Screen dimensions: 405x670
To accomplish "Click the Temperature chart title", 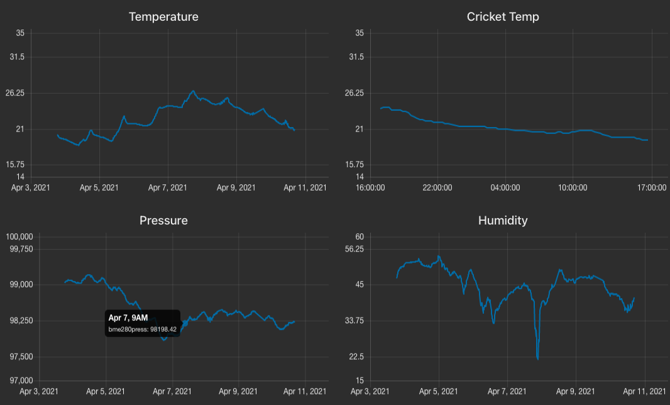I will [x=163, y=17].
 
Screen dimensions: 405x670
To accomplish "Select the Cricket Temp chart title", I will [x=503, y=17].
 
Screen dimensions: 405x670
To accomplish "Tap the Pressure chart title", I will [x=163, y=221].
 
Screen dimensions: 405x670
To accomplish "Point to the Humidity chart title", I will [x=503, y=221].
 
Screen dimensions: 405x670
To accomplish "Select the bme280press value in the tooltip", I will [x=142, y=329].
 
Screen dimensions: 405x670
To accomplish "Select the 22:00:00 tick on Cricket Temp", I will [x=437, y=187].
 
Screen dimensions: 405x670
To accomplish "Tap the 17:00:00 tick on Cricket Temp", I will [x=651, y=187].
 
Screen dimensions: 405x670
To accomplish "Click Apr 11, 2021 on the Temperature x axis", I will [x=305, y=187].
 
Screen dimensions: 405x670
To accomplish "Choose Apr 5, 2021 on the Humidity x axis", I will [x=438, y=391].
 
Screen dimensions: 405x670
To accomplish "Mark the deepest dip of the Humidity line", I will [x=538, y=358].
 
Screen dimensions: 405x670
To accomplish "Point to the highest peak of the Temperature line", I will [x=193, y=91].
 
